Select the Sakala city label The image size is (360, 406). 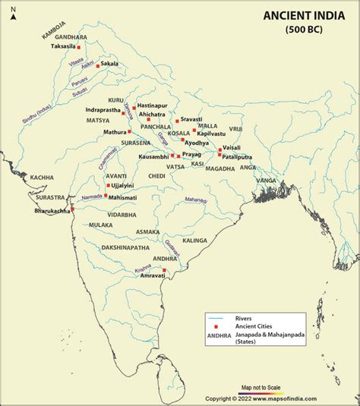[x=110, y=65]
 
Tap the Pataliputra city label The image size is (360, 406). [x=238, y=156]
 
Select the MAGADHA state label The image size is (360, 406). [x=220, y=168]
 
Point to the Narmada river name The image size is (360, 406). [x=91, y=195]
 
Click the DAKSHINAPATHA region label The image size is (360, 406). [x=125, y=247]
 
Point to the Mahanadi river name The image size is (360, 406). [x=196, y=200]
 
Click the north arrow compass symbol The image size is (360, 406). [x=13, y=15]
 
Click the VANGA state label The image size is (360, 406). [x=266, y=180]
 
